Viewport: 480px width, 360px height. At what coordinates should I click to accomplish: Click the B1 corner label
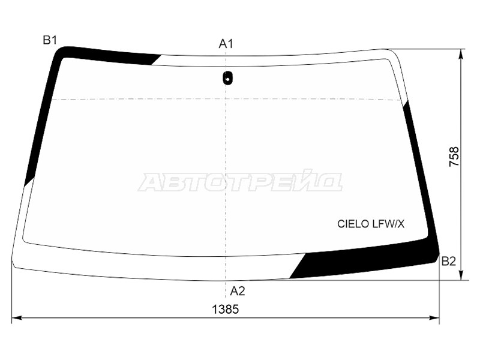(49, 41)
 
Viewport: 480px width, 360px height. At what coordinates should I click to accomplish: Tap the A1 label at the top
(226, 44)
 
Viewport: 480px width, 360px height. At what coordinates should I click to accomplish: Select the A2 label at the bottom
(238, 292)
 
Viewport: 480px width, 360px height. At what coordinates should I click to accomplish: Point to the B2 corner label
(449, 261)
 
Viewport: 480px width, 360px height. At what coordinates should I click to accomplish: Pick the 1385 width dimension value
(226, 310)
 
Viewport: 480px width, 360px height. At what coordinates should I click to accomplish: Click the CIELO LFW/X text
(371, 224)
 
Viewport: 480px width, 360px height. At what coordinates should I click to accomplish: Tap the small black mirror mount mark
(227, 77)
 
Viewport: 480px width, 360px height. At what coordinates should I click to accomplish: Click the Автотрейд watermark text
(240, 181)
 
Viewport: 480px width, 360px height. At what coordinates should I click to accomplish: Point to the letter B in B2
(445, 261)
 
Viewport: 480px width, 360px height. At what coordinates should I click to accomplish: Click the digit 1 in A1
(230, 44)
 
